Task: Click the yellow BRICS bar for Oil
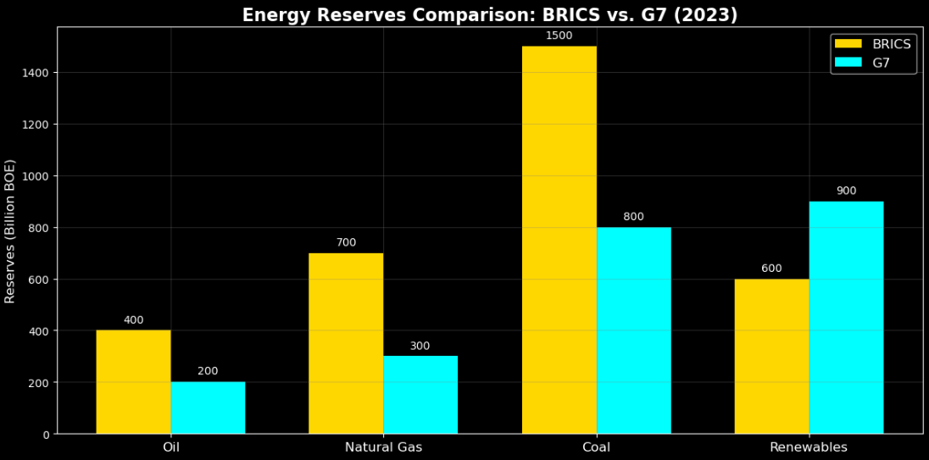[133, 382]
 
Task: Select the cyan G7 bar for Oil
[208, 407]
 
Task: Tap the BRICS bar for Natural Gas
[346, 343]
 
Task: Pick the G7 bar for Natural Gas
[420, 395]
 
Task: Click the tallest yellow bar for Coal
[559, 240]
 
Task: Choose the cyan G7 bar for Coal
[633, 330]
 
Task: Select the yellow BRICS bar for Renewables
[771, 356]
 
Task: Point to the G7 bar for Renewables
[846, 318]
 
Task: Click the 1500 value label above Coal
[559, 36]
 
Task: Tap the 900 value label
[846, 191]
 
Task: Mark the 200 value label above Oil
[208, 371]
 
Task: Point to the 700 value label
[346, 242]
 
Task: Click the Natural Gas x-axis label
[383, 447]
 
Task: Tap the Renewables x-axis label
[809, 447]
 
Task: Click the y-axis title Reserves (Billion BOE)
[10, 230]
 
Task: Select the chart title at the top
[490, 14]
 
